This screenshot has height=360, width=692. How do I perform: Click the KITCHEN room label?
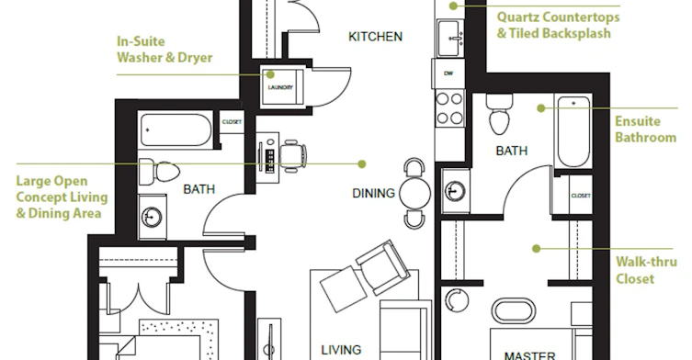(375, 37)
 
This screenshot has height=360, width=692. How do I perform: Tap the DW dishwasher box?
(448, 73)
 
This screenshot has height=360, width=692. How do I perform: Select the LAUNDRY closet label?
(280, 87)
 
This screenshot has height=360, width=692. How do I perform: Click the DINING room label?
(373, 193)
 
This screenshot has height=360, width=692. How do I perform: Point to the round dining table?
(414, 193)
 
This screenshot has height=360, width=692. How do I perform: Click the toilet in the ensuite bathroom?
(499, 114)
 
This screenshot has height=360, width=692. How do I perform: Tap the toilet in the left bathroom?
(159, 172)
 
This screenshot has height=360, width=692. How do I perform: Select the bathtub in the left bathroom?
(176, 129)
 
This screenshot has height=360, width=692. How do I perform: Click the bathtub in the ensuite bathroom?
(573, 131)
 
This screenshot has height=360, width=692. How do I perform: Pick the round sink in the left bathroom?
(152, 217)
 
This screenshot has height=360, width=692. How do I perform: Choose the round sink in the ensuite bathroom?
(455, 191)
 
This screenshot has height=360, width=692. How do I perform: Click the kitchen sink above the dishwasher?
(450, 38)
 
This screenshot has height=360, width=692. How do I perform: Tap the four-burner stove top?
(449, 108)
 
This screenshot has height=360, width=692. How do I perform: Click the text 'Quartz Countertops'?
(558, 17)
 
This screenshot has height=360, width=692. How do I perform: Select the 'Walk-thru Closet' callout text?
(646, 270)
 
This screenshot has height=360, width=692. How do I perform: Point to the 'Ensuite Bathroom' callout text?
(645, 129)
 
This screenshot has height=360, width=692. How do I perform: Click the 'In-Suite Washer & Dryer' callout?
(164, 50)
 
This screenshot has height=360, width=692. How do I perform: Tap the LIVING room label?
(341, 350)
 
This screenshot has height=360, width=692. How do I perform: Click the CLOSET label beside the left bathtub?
(232, 122)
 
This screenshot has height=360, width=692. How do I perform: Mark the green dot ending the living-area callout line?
(362, 164)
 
